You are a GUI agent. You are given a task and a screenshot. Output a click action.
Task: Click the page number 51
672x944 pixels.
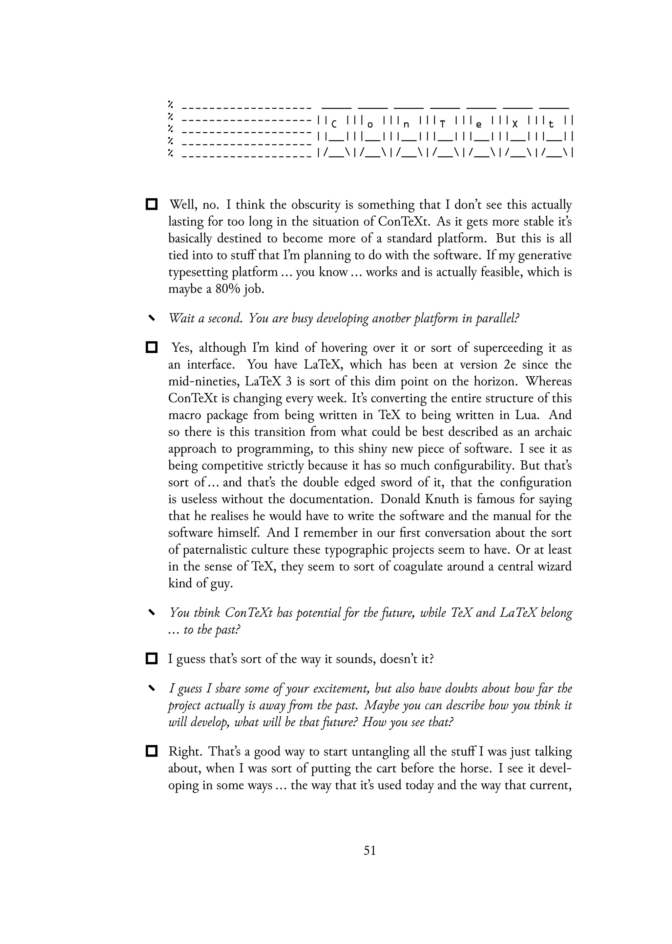(369, 850)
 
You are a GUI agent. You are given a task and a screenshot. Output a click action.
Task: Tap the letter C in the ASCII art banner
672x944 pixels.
(334, 124)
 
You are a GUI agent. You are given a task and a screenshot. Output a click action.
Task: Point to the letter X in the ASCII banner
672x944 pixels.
(515, 124)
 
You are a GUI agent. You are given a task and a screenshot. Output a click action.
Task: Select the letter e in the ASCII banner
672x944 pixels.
(479, 124)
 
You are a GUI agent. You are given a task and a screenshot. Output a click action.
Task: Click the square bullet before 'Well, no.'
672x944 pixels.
(152, 204)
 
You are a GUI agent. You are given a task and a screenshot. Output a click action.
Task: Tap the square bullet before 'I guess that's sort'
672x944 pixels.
(152, 658)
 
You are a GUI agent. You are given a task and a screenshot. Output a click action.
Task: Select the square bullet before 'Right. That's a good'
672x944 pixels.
(152, 751)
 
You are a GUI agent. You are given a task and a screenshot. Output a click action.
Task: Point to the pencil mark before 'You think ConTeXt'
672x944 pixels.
(152, 612)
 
